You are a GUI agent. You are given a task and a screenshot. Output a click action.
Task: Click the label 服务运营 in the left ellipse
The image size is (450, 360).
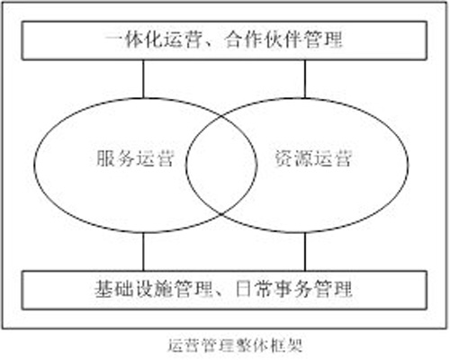click(x=135, y=158)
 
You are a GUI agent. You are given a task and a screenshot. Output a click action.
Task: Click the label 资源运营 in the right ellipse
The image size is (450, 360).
click(x=313, y=158)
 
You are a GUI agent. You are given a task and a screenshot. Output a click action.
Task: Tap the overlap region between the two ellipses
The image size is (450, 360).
click(x=221, y=165)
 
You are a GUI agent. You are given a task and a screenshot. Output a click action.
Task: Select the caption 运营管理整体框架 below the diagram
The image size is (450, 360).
click(x=235, y=346)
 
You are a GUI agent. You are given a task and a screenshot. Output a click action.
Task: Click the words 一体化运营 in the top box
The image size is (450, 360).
click(x=152, y=40)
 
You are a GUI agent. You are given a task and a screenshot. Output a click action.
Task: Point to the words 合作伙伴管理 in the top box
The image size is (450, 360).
click(x=283, y=40)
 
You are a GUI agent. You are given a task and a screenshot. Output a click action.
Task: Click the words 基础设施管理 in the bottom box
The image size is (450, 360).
click(x=154, y=289)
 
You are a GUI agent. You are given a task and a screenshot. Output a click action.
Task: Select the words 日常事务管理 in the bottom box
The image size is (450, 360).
click(x=293, y=289)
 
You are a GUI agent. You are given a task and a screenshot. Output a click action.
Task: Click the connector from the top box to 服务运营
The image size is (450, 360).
click(x=143, y=78)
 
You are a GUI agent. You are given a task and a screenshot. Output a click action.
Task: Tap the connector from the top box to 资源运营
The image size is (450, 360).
click(x=305, y=78)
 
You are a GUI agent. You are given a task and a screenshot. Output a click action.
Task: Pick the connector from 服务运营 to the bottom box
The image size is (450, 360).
click(x=143, y=251)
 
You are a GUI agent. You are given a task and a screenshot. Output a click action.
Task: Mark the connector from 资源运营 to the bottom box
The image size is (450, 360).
click(x=305, y=251)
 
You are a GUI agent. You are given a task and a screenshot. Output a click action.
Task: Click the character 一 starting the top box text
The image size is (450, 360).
click(x=114, y=40)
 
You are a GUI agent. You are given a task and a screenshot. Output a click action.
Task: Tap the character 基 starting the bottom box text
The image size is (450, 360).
click(x=104, y=289)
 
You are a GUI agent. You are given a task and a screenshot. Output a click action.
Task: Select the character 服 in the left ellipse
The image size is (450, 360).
click(x=105, y=158)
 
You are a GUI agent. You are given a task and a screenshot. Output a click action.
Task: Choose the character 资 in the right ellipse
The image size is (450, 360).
click(x=283, y=158)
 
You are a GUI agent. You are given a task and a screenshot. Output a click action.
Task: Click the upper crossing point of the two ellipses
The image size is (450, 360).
click(x=221, y=115)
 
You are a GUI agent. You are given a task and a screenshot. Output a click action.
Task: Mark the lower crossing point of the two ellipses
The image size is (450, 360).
click(x=221, y=214)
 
